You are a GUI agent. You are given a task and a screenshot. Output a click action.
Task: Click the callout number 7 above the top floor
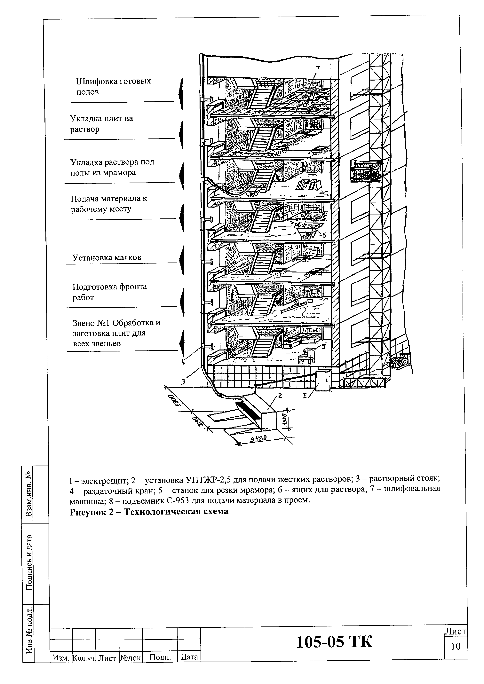(318, 69)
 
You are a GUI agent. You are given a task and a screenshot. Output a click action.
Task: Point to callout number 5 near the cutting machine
(324, 346)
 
